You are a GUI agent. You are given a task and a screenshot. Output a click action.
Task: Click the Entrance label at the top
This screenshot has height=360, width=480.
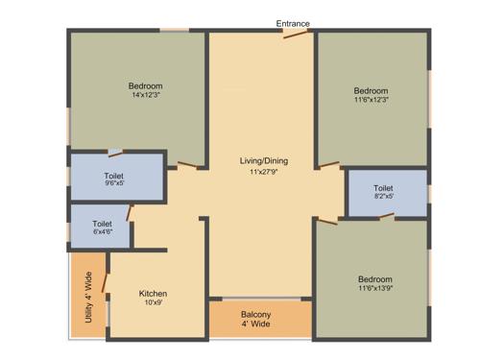tap(294, 24)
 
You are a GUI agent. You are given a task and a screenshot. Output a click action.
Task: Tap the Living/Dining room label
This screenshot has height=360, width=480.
tap(263, 160)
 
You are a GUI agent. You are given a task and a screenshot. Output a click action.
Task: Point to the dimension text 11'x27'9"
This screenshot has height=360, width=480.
tap(263, 172)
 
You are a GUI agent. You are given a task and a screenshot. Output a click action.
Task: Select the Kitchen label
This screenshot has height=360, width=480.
tap(154, 293)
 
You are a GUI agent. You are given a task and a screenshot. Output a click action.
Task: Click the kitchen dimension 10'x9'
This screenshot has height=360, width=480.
tap(154, 303)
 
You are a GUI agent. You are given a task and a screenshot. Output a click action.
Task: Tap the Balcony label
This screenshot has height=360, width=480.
tap(256, 315)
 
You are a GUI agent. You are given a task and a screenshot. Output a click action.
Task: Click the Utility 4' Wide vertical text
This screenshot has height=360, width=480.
tap(88, 297)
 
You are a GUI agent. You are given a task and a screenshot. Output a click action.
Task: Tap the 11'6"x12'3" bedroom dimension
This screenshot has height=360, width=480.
tap(371, 101)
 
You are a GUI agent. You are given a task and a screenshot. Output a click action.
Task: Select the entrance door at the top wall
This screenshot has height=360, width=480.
tap(295, 36)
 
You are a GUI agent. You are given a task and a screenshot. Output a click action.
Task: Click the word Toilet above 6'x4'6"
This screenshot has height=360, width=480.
tap(103, 223)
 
